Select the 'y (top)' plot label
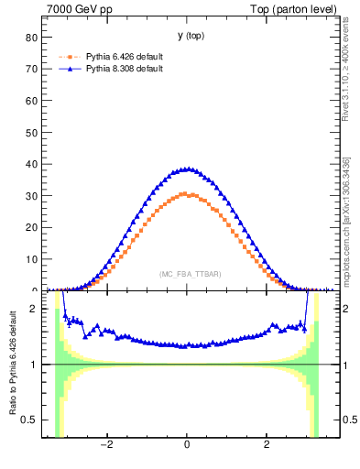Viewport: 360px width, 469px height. [x=191, y=36]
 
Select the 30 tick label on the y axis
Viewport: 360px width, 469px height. [x=31, y=196]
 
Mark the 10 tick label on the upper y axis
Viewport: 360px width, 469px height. [x=31, y=259]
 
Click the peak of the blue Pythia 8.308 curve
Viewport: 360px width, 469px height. [x=187, y=169]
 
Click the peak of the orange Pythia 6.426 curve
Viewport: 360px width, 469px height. [x=187, y=194]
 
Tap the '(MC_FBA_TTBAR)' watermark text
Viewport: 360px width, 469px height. [x=190, y=274]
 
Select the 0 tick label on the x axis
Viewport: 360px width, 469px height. [x=187, y=445]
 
